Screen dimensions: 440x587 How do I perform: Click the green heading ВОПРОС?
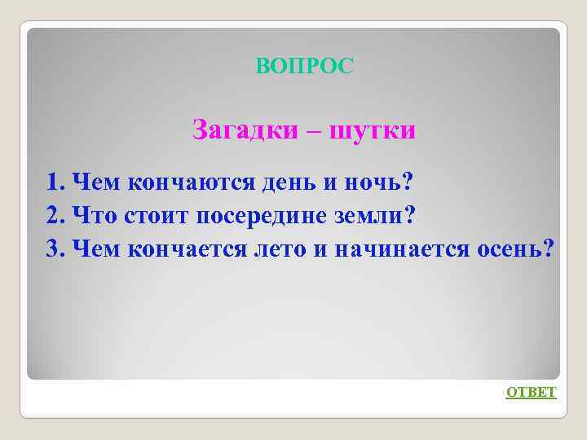tap(305, 67)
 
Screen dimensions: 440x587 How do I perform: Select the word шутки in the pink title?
tap(371, 130)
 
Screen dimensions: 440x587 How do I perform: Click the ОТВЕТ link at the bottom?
tap(531, 393)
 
